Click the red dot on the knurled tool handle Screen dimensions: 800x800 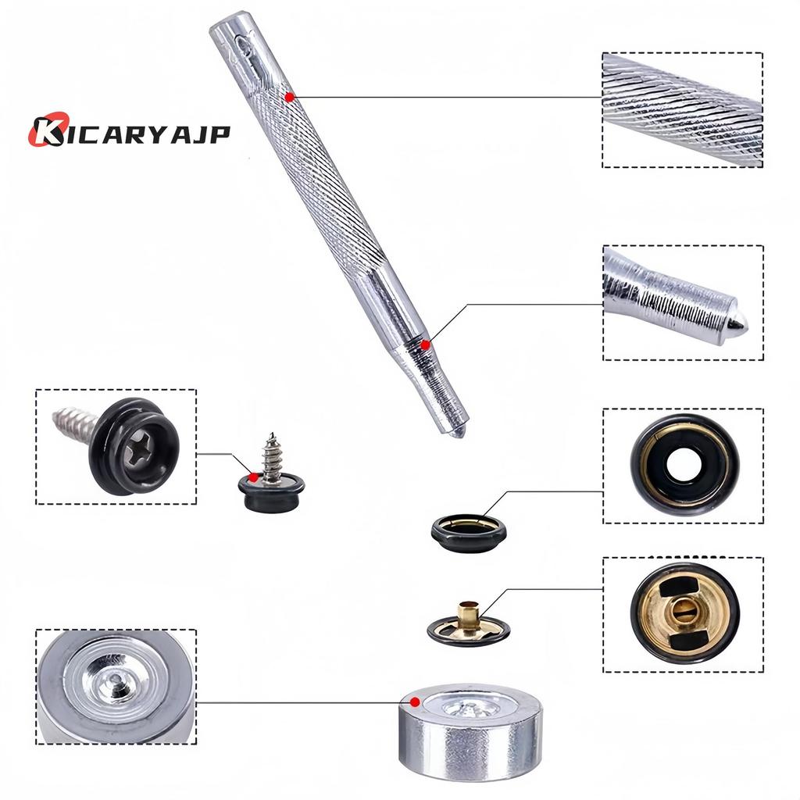(x=290, y=97)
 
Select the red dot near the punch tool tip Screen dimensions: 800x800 (x=425, y=344)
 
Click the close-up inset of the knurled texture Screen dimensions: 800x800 (x=682, y=109)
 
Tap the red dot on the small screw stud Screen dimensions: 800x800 (x=253, y=477)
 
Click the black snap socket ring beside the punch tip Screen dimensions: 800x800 (x=469, y=533)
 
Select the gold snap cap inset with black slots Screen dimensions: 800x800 (x=684, y=614)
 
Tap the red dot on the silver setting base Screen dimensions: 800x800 (x=416, y=701)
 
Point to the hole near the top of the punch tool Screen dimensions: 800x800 (x=244, y=46)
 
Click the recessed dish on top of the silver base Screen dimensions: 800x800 (x=471, y=707)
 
